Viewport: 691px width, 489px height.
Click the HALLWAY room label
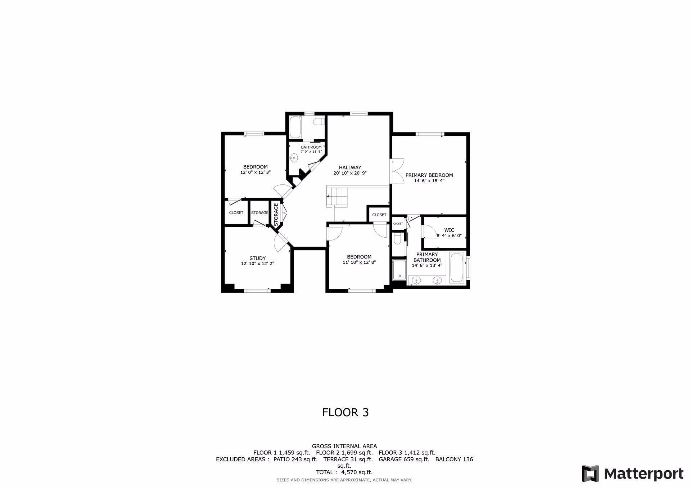[350, 167]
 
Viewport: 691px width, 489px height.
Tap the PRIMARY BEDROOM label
[429, 175]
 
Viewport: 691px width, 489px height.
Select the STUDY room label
[257, 258]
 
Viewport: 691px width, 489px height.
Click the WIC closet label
[449, 230]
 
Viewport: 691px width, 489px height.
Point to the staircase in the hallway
[338, 197]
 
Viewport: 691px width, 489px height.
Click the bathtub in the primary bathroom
[457, 268]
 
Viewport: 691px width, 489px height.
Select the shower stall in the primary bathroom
[399, 269]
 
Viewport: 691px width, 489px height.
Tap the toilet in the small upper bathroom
[319, 122]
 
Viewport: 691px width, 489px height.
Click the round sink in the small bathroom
[294, 158]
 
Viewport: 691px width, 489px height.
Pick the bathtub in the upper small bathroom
[296, 127]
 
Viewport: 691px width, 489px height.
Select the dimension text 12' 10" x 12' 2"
[257, 264]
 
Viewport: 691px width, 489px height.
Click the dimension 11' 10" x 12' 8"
[359, 263]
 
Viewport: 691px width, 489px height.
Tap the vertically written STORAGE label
[276, 215]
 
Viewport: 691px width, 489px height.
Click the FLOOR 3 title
[345, 412]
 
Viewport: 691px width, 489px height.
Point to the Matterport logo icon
[590, 473]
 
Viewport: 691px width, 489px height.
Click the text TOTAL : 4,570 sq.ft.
[344, 472]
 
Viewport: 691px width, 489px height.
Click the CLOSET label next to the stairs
[379, 215]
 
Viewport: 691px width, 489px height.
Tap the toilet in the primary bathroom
[397, 239]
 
